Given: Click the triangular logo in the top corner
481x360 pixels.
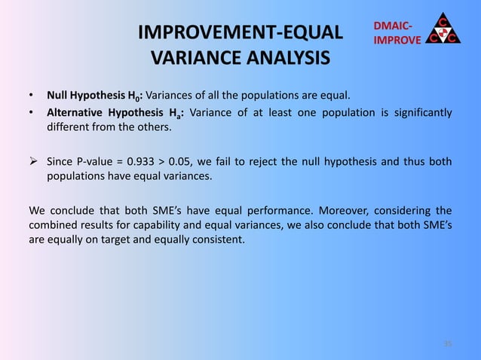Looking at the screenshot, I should pos(444,26).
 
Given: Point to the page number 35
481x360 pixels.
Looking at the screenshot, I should pos(447,343).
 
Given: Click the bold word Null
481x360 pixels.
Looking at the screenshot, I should pos(58,96).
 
